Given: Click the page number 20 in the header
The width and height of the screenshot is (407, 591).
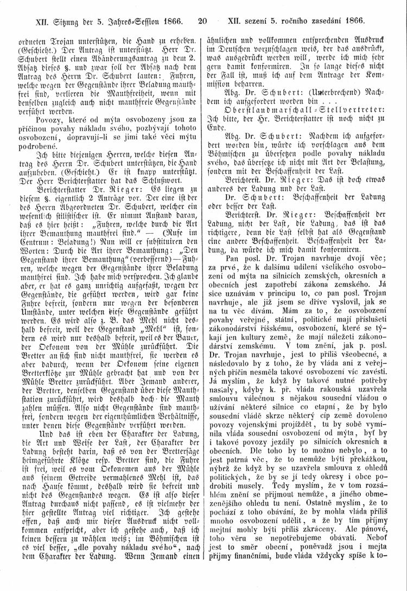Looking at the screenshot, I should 203,23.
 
